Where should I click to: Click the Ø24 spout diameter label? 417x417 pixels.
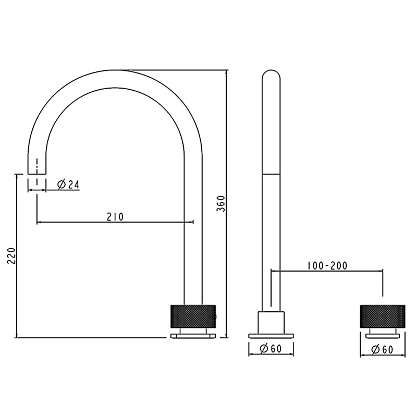(x=68, y=184)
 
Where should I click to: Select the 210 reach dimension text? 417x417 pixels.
(x=115, y=216)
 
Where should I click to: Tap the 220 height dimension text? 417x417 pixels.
(x=11, y=255)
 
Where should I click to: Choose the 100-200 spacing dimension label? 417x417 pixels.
(x=327, y=265)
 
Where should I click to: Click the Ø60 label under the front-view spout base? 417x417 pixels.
(x=271, y=349)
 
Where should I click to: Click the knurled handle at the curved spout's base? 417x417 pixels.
(x=193, y=315)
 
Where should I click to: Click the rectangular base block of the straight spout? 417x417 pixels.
(x=271, y=322)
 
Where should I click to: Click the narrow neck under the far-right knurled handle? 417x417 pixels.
(x=383, y=332)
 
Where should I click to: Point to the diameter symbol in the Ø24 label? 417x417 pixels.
(x=61, y=184)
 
